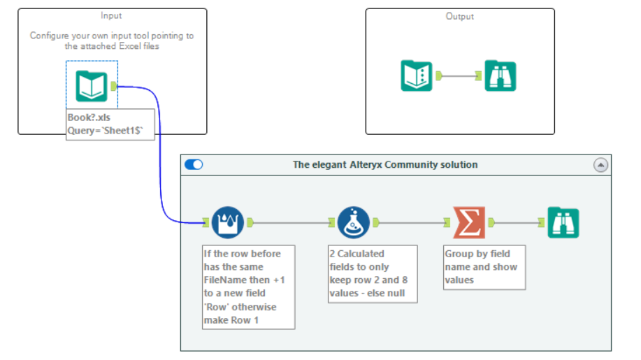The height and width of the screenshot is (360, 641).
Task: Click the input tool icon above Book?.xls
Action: (x=92, y=86)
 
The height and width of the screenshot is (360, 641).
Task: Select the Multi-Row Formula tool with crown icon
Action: (x=228, y=222)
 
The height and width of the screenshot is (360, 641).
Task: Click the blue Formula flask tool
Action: (x=354, y=222)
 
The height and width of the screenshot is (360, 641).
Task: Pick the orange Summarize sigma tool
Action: (x=469, y=222)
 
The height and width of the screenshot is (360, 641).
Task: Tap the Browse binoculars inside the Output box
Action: (x=500, y=75)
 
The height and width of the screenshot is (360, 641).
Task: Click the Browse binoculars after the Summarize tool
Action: (x=563, y=222)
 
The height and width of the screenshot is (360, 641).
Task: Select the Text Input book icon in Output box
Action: (x=417, y=75)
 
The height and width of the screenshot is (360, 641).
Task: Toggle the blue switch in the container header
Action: (x=194, y=164)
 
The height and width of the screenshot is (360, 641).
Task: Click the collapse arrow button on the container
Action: (x=600, y=165)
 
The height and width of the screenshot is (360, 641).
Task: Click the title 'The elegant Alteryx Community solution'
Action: (x=385, y=165)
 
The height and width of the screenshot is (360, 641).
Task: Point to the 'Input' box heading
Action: (x=111, y=15)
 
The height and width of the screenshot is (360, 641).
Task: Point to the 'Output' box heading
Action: (x=459, y=16)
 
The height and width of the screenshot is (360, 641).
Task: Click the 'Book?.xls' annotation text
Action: (x=89, y=117)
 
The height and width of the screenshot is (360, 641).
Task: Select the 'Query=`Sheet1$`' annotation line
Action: (x=105, y=130)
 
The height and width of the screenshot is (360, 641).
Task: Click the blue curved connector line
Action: (x=160, y=155)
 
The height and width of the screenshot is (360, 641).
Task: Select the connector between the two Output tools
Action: (x=459, y=75)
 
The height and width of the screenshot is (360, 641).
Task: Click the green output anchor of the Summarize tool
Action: (x=491, y=222)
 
